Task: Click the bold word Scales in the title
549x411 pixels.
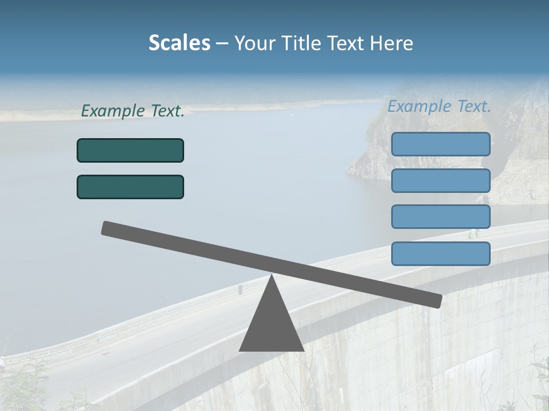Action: tap(179, 43)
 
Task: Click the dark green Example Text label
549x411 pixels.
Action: tap(133, 111)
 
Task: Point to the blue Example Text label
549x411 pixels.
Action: tap(439, 106)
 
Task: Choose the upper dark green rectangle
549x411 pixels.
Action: tap(130, 150)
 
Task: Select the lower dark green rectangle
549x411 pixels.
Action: tap(130, 187)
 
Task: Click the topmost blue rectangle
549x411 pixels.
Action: tap(440, 144)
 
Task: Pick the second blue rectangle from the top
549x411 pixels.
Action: tap(440, 180)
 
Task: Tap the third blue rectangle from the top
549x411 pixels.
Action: tap(440, 217)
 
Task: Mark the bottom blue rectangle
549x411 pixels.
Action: tap(440, 253)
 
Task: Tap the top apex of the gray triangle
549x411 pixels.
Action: tap(271, 276)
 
